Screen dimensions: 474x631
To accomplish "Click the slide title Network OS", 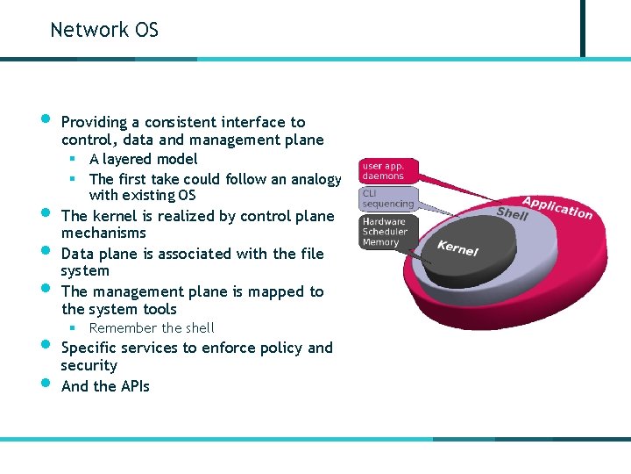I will pos(104,30).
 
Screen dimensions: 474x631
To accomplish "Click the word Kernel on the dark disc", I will pos(458,248).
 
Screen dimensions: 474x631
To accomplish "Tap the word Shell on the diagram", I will pos(513,213).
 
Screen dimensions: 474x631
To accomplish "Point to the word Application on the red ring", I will pos(557,207).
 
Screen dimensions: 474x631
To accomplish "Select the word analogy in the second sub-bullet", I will pos(316,179).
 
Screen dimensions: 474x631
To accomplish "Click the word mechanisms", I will pos(103,233).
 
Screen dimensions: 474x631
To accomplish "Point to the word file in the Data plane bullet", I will pos(312,254).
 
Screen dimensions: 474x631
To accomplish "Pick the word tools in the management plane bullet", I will pos(160,309).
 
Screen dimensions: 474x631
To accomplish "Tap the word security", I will pos(89,365).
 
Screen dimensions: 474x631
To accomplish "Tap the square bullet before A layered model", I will pos(74,159).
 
